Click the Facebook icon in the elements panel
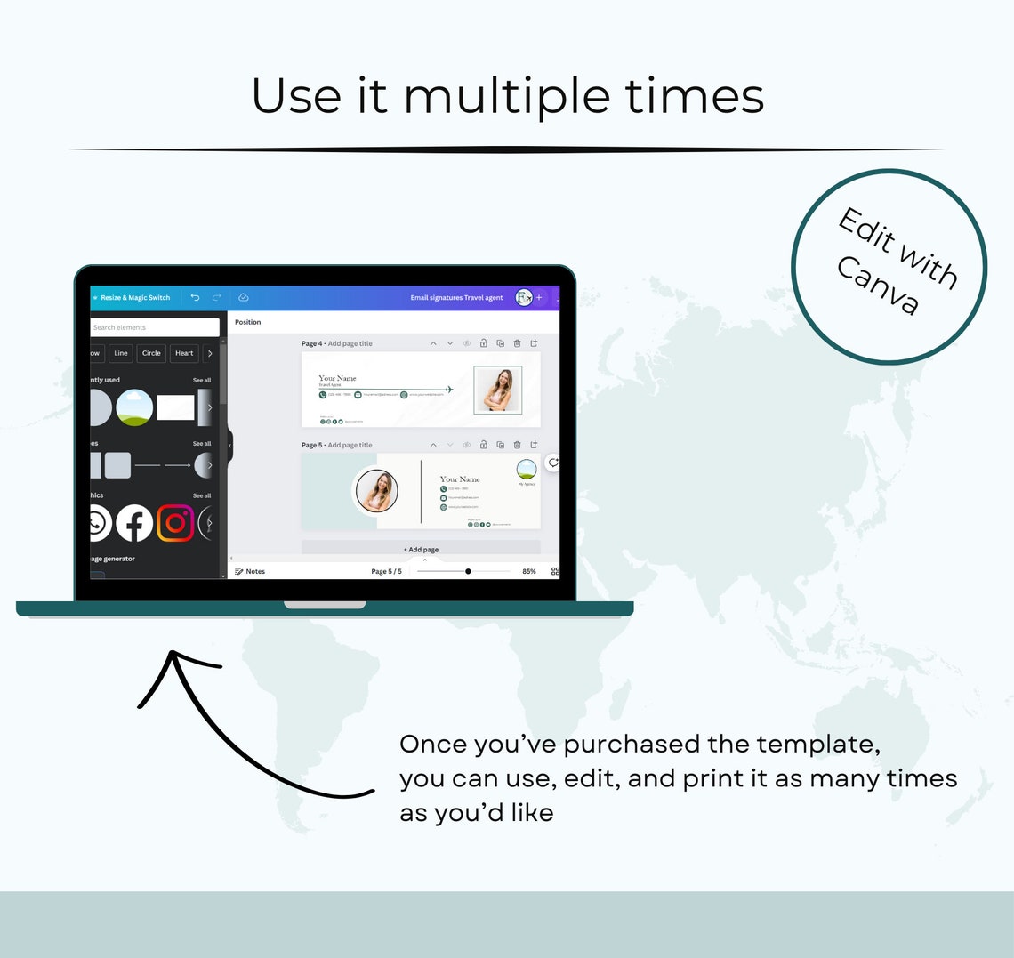134,524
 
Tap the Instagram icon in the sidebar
175,523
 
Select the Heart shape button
184,353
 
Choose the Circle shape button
151,353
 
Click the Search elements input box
155,327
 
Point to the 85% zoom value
528,571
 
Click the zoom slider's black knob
468,571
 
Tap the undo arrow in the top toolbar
195,297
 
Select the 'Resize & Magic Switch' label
135,298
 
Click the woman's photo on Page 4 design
497,390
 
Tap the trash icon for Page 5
517,445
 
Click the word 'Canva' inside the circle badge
877,285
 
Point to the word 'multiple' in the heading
507,97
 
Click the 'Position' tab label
247,322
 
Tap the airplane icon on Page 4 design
449,389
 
